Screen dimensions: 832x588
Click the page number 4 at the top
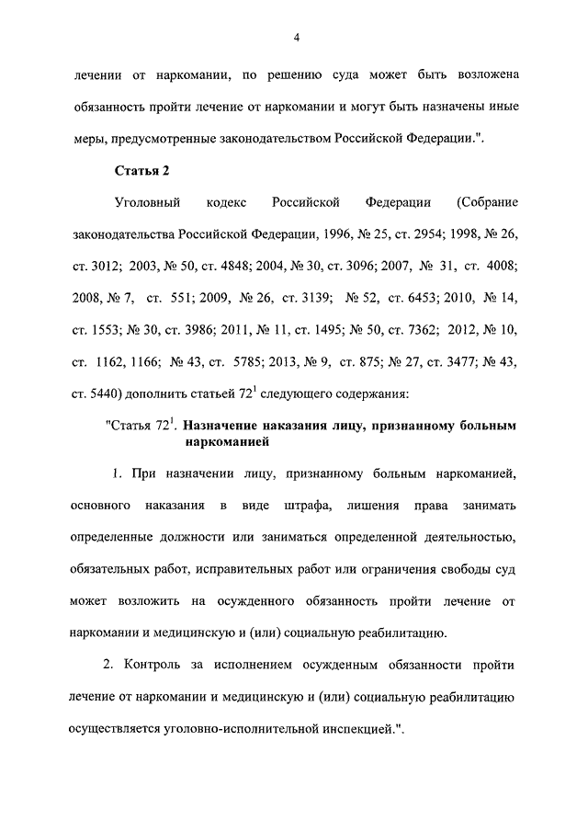[296, 37]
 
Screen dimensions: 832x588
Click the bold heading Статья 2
[142, 171]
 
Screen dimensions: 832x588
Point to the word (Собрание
[486, 201]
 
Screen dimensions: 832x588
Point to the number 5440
[106, 394]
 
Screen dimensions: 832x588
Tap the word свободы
[465, 569]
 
